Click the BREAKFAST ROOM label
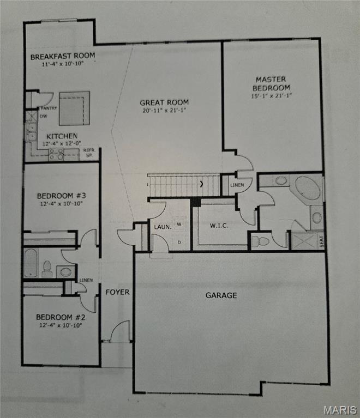pos(63,56)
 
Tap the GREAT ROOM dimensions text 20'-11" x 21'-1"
pos(164,111)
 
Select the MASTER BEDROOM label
pos(271,83)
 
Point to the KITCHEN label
pos(62,136)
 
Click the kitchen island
pos(75,108)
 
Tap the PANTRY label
pos(49,108)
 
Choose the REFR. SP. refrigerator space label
pos(89,153)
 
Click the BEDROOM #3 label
pos(62,196)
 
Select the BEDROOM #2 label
pos(61,317)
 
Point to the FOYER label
pos(117,292)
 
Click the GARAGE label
pos(221,295)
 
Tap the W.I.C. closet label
pos(219,226)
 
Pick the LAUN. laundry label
pos(163,227)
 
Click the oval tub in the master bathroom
pos(308,188)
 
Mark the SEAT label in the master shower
pos(322,241)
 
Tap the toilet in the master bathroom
pos(261,241)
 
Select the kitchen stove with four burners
pos(56,155)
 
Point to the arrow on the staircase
pos(202,184)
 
